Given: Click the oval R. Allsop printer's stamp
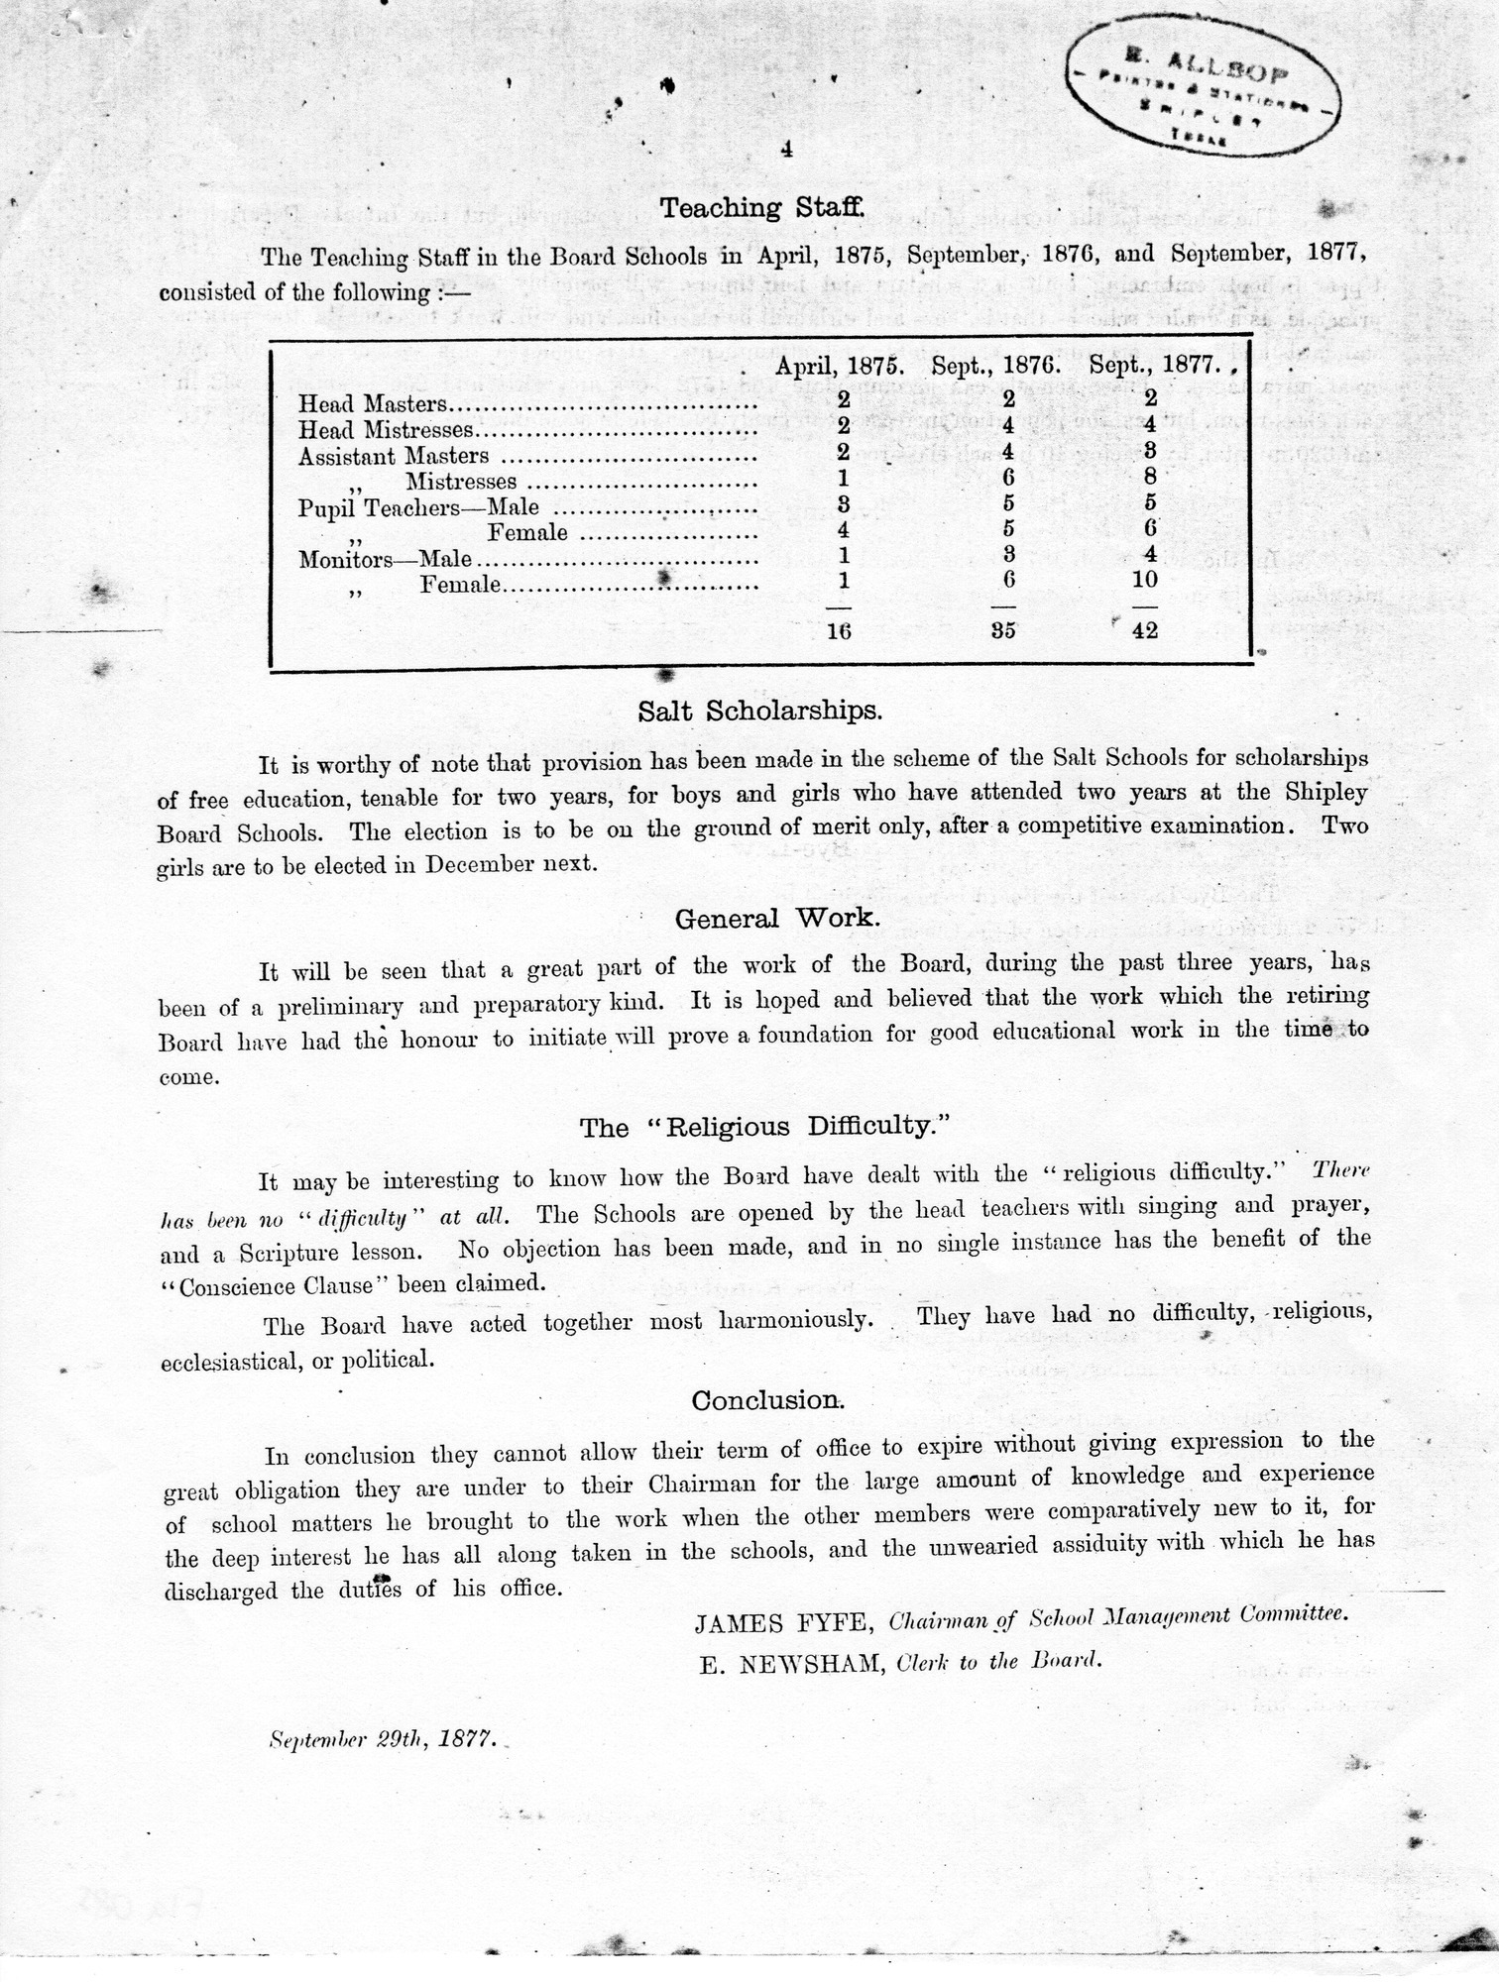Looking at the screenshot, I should (x=1203, y=97).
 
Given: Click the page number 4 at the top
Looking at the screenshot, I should (x=785, y=150).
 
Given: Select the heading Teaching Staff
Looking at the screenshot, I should (x=762, y=208).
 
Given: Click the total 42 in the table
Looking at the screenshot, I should (x=1144, y=630).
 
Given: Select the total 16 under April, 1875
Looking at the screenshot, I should (x=839, y=630).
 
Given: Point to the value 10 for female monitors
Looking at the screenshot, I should (x=1144, y=580).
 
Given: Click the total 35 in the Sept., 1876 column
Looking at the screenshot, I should (x=1003, y=630).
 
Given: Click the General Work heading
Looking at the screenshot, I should (x=777, y=919).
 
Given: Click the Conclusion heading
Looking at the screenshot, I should (x=768, y=1400).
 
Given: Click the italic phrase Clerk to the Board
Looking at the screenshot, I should (x=998, y=1663).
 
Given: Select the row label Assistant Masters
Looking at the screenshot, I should (x=394, y=456).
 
